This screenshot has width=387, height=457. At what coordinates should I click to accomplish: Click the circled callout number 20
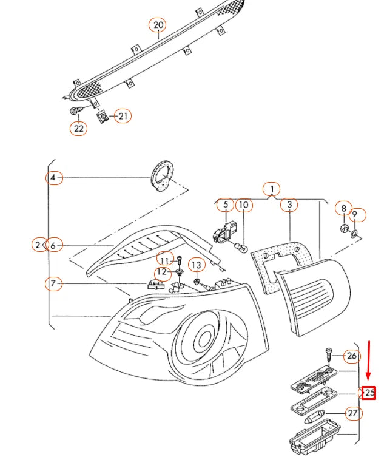[x=158, y=25]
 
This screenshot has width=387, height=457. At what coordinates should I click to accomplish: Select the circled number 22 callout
[x=79, y=128]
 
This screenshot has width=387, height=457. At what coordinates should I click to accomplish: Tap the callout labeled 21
[x=123, y=115]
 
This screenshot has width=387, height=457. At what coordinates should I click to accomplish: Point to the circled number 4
[x=54, y=178]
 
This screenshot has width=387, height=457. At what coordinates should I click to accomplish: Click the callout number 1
[x=272, y=189]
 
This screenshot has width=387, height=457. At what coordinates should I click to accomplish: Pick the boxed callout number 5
[x=226, y=205]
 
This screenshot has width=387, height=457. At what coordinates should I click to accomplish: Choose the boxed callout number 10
[x=243, y=205]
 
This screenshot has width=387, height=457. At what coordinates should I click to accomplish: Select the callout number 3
[x=290, y=205]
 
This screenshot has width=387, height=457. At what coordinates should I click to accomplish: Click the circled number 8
[x=343, y=209]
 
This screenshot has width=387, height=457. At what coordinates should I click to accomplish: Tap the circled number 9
[x=358, y=215]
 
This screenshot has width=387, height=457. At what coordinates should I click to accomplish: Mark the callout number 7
[x=55, y=283]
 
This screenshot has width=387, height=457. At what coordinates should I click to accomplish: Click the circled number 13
[x=197, y=265]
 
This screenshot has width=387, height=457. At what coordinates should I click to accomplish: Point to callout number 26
[x=352, y=356]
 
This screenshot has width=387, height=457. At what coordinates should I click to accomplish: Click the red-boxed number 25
[x=369, y=393]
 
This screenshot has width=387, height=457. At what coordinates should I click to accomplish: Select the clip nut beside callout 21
[x=103, y=116]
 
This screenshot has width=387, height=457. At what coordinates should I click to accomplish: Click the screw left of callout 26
[x=328, y=353]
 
